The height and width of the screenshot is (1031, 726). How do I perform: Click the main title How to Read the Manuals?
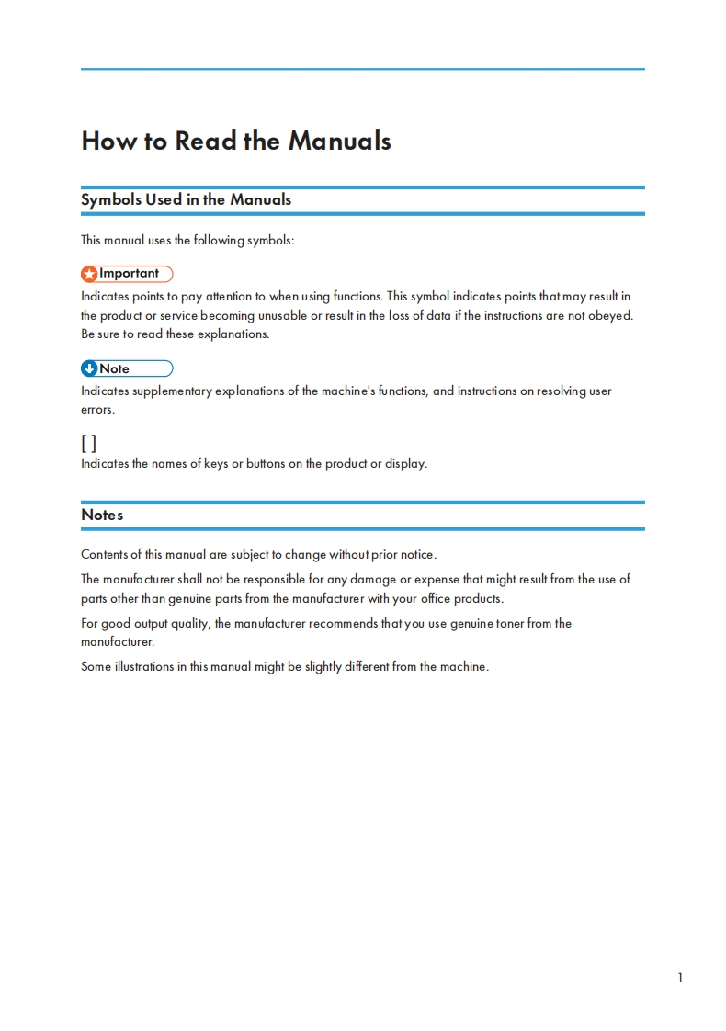click(236, 141)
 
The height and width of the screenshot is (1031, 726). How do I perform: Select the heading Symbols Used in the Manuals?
click(186, 199)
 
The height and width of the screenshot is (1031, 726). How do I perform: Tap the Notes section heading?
click(102, 515)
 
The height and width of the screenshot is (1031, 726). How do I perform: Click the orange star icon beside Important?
click(89, 274)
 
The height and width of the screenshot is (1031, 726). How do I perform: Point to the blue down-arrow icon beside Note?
click(89, 369)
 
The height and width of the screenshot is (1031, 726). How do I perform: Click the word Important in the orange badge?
click(129, 274)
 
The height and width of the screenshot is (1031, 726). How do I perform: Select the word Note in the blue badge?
click(114, 369)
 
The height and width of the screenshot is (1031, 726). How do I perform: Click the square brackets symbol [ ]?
click(88, 444)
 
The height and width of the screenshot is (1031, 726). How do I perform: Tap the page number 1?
click(680, 978)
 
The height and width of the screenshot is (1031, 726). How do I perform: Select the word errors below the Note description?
click(97, 410)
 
